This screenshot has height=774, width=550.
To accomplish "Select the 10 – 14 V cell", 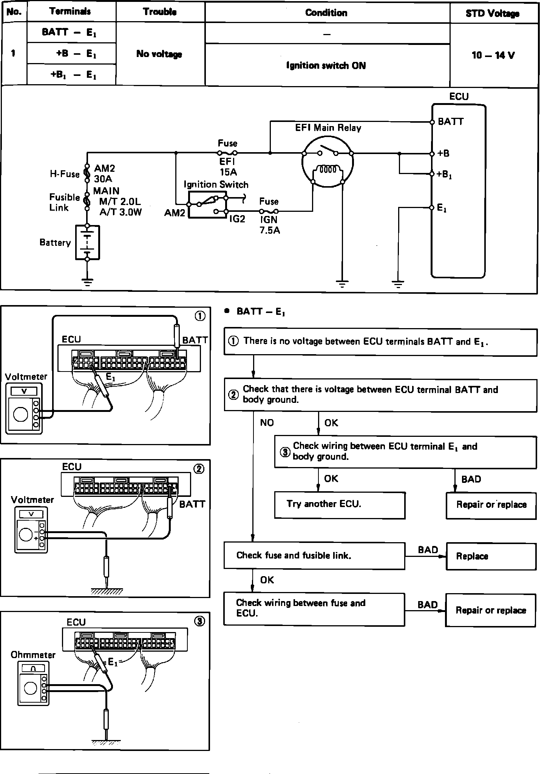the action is click(x=493, y=55).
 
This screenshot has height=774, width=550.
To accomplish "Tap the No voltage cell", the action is click(x=159, y=54).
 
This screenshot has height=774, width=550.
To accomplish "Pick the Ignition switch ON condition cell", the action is click(x=326, y=65).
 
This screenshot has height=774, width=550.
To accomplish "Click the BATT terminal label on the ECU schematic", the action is click(x=451, y=122).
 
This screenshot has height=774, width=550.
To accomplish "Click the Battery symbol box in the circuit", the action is click(x=87, y=242).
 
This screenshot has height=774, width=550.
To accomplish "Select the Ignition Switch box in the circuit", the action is click(x=207, y=204).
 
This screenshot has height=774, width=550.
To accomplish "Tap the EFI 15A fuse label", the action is click(x=228, y=167).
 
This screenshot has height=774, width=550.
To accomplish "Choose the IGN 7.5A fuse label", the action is click(x=269, y=225).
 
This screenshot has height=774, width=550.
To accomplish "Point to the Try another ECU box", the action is click(x=340, y=505).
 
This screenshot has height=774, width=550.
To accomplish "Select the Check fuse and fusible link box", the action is click(x=314, y=555).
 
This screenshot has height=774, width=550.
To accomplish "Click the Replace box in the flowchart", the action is click(x=491, y=556).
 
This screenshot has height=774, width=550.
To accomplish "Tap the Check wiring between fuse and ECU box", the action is click(x=314, y=609).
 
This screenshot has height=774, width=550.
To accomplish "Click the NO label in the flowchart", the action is click(x=267, y=423).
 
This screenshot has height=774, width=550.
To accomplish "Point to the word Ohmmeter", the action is click(x=33, y=655).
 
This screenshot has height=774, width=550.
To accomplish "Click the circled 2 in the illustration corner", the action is click(x=199, y=469).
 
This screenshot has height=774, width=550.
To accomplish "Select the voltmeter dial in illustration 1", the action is click(x=20, y=415).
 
